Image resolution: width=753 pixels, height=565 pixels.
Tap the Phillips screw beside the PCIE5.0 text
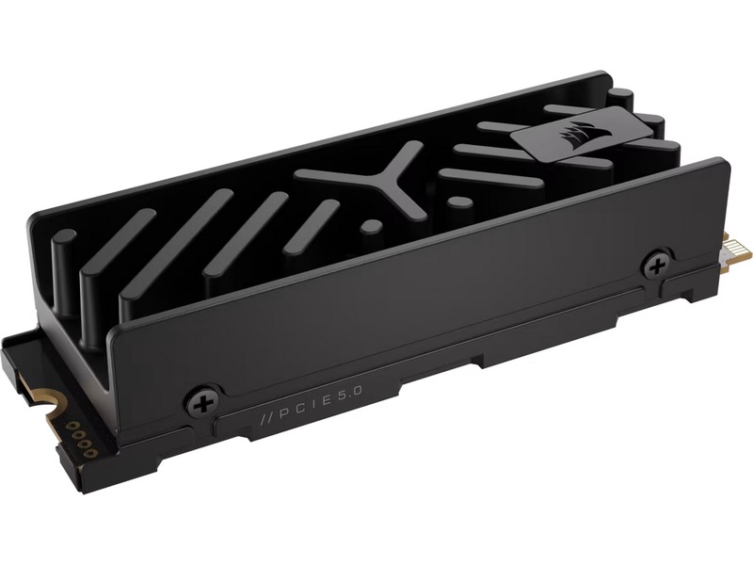(x=202, y=399)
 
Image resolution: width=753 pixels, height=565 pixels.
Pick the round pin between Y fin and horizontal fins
(x=455, y=202)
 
